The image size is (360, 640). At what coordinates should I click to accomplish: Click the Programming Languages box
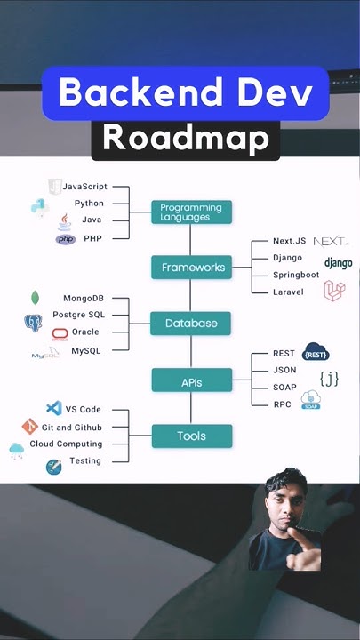191,212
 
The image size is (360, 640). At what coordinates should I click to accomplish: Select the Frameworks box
191,267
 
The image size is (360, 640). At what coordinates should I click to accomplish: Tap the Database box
191,323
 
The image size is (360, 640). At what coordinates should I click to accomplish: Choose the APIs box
191,382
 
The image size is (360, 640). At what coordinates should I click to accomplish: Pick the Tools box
191,436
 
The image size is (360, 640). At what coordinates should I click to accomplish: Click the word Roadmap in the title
185,137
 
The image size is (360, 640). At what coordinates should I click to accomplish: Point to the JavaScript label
84,187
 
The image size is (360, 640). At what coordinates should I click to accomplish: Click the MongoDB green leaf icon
35,298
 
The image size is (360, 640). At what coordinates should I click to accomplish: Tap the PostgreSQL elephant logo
33,323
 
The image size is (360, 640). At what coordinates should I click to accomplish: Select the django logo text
338,263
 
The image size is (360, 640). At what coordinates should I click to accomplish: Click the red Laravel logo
334,290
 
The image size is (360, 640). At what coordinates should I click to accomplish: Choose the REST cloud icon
316,353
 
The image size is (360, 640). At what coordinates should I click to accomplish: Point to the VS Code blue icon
52,409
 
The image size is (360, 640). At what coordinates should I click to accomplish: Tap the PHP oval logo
65,239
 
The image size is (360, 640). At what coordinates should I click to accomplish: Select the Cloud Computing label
66,444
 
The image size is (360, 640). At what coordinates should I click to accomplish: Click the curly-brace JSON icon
329,379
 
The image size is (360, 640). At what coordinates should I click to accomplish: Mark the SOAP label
284,388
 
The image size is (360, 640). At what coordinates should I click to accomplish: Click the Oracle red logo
60,333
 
